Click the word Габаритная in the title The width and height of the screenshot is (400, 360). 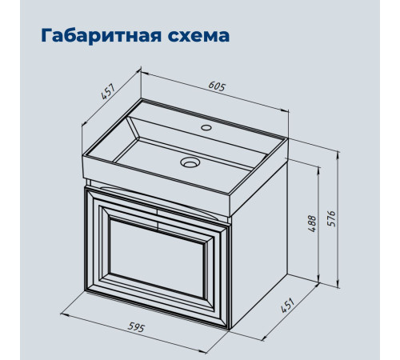[x=102, y=35]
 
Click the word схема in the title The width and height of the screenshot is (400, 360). [x=198, y=36]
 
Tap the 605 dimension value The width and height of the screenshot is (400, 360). [x=217, y=86]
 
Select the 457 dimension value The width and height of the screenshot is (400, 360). [x=108, y=91]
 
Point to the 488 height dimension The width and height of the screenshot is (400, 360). [x=312, y=223]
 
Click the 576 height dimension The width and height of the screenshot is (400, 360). [x=331, y=218]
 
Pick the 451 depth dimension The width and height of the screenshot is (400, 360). [x=288, y=305]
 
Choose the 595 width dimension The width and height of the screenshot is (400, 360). [x=136, y=327]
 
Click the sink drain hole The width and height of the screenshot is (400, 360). [x=190, y=162]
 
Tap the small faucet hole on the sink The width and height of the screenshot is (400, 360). [x=206, y=127]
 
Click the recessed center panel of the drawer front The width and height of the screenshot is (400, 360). [x=157, y=258]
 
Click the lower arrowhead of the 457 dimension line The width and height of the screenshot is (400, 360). [x=84, y=123]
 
